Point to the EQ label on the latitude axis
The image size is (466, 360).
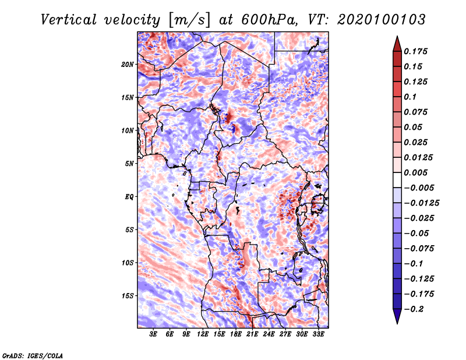tap(129, 196)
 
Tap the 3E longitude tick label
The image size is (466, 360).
tap(153, 334)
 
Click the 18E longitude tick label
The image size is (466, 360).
tap(236, 334)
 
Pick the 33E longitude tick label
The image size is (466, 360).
tap(319, 334)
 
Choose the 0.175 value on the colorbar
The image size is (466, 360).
tap(417, 51)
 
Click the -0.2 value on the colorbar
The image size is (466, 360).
tap(415, 309)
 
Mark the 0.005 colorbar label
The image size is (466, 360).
tap(417, 172)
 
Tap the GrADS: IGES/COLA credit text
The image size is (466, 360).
tap(32, 355)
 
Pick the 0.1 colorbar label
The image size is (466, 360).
tap(413, 97)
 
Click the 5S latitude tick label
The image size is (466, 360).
tap(129, 230)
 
